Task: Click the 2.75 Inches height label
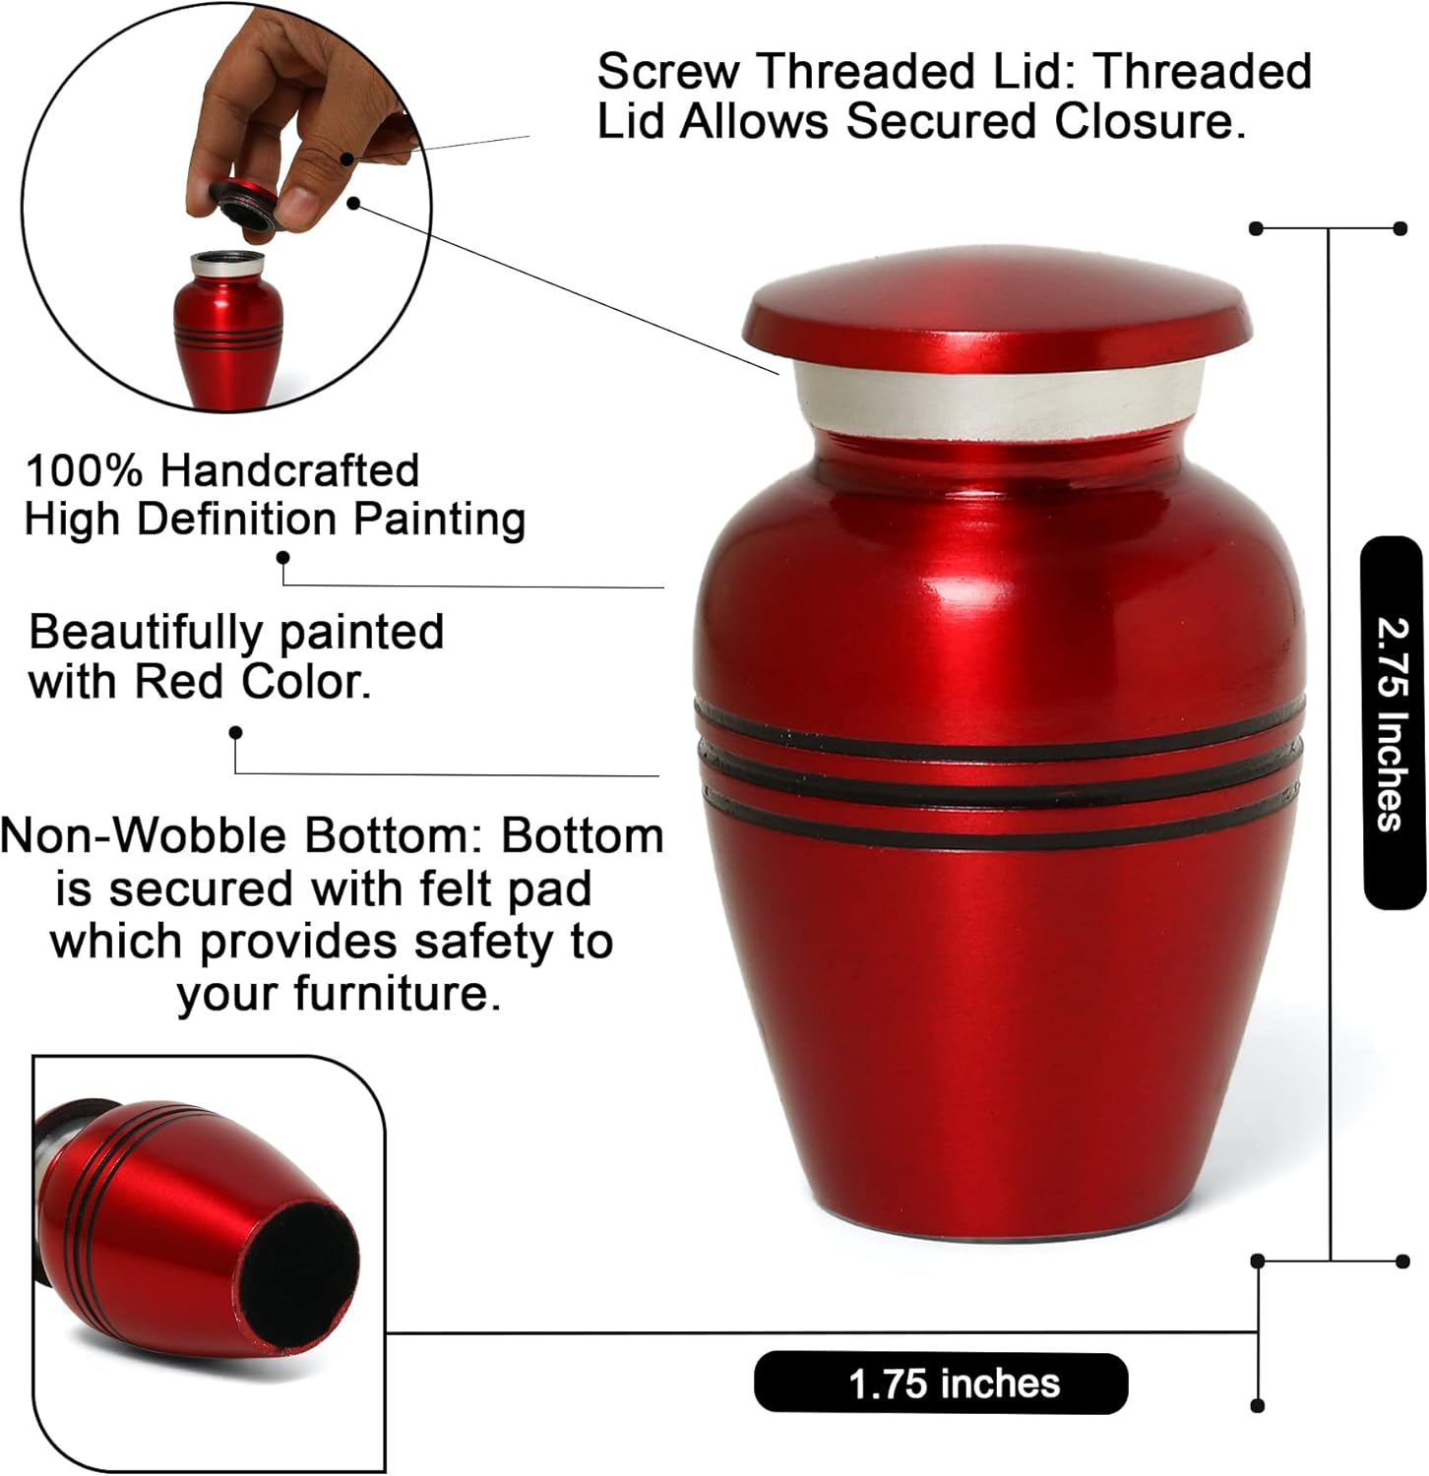[x=1392, y=723]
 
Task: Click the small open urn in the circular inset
[x=228, y=330]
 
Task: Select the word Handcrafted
[x=289, y=470]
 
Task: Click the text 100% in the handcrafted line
[x=87, y=470]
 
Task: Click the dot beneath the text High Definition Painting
[x=283, y=558]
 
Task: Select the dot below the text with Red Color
[x=235, y=733]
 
